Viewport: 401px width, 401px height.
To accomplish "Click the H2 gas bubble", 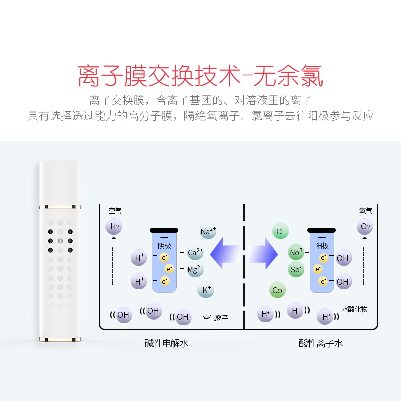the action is pyautogui.click(x=114, y=227).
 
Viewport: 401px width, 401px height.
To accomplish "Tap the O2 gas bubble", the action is pyautogui.click(x=365, y=227).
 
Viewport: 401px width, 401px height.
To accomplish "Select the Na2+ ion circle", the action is pyautogui.click(x=208, y=231).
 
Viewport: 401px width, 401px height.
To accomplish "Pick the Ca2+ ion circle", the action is pyautogui.click(x=195, y=252).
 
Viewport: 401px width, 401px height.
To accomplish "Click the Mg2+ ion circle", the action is pyautogui.click(x=195, y=269).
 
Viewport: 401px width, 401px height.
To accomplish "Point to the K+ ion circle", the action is pyautogui.click(x=206, y=290).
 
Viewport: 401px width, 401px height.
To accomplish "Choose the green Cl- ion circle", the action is pyautogui.click(x=281, y=231).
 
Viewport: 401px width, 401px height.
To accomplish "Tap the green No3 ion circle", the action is pyautogui.click(x=296, y=252).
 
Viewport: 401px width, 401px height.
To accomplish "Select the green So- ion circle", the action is pyautogui.click(x=296, y=269).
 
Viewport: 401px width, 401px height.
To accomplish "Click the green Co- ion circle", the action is pyautogui.click(x=278, y=290).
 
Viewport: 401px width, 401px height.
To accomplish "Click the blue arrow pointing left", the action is pyautogui.click(x=225, y=253).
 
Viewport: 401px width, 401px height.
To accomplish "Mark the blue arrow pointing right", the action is pyautogui.click(x=263, y=253).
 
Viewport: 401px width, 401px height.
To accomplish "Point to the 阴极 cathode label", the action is pyautogui.click(x=164, y=246).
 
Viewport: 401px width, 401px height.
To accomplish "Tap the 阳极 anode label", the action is pyautogui.click(x=322, y=246).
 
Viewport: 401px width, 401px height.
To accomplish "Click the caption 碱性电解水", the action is pyautogui.click(x=167, y=343).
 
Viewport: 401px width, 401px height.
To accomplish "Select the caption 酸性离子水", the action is pyautogui.click(x=321, y=343).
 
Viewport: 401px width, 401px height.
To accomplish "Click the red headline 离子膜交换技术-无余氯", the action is pyautogui.click(x=200, y=76).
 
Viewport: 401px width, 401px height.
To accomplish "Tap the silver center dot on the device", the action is pyautogui.click(x=60, y=241).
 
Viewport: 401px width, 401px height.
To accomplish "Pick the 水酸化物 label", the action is pyautogui.click(x=355, y=309).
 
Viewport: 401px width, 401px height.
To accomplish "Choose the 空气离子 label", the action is pyautogui.click(x=216, y=318).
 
